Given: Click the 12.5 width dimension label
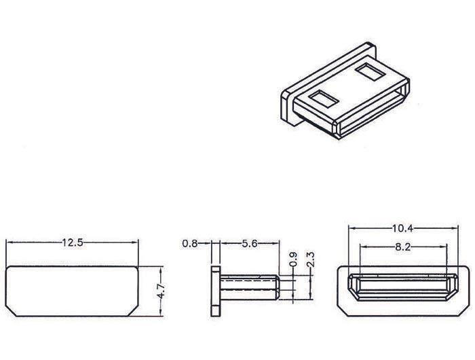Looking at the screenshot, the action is pos(73,242).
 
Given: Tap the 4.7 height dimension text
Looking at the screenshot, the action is pos(161,291).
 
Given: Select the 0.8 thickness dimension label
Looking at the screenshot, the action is pos(190,243).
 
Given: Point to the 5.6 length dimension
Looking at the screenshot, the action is pos(249,243).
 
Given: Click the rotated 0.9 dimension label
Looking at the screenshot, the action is pos(293,259).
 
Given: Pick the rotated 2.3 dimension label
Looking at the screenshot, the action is pos(311,259).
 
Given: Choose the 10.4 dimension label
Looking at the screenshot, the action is pos(403,228).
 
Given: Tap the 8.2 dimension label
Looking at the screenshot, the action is pos(403,247).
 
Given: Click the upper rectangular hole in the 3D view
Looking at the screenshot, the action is pos(370,71).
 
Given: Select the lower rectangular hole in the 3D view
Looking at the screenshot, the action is pos(323,99).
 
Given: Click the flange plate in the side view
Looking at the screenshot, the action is pos(216,291).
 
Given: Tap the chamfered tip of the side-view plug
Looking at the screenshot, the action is pos(277,287).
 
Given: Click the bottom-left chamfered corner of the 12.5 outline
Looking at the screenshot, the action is pos(12,311).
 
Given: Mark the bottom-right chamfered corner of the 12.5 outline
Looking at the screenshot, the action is pos(133,311).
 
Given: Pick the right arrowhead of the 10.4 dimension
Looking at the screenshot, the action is pos(455,228).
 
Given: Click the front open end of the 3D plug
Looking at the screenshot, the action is pos(373,109).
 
